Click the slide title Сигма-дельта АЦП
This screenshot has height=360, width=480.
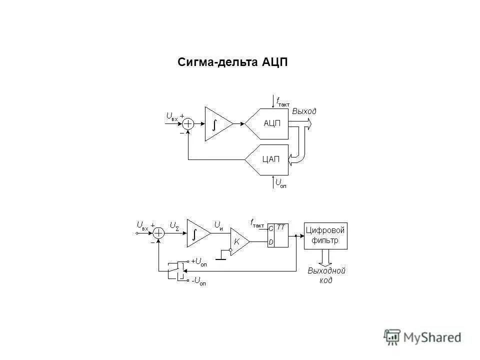point(232,62)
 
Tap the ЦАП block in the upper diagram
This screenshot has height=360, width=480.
point(270,159)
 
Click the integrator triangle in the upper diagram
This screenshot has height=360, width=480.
point(216,123)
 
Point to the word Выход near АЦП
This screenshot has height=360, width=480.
point(304,111)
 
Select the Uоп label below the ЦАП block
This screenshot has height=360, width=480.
point(281,183)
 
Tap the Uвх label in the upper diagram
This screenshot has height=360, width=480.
point(171,116)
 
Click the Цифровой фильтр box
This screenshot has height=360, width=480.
point(325,235)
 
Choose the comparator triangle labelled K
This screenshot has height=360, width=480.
point(238,241)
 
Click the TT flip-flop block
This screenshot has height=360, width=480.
point(277,234)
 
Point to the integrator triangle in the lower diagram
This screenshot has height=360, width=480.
point(196,233)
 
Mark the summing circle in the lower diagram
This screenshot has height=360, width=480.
point(158,233)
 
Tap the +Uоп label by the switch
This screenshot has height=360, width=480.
point(198,261)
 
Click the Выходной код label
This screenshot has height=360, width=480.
point(326,275)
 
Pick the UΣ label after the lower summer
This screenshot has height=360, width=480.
point(174,225)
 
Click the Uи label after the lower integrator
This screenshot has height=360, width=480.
point(218,225)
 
